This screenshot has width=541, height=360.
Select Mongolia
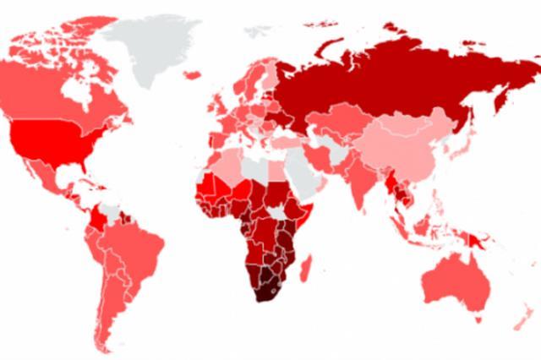(398, 115)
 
